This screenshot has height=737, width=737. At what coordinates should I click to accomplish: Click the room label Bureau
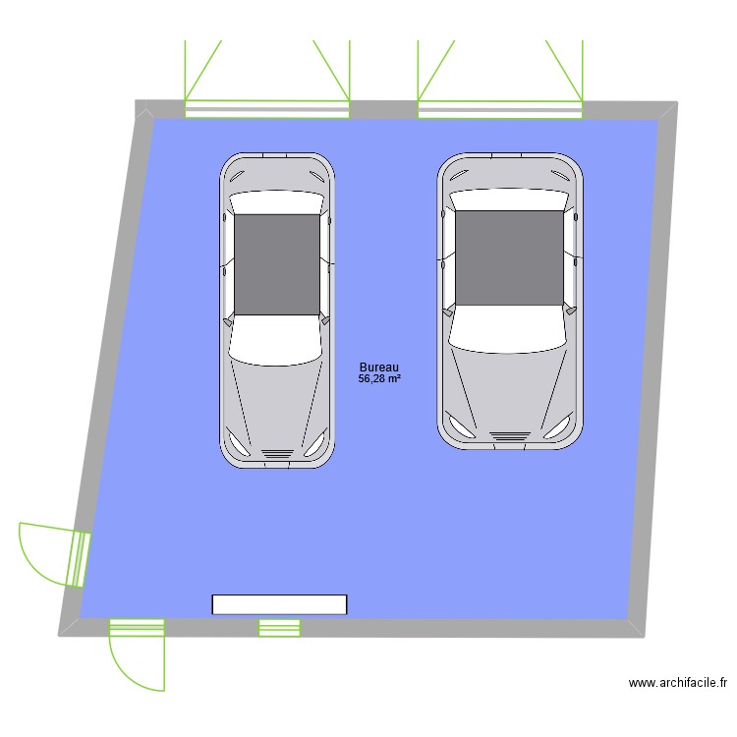(x=379, y=367)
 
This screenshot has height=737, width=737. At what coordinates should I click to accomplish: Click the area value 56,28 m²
(x=379, y=378)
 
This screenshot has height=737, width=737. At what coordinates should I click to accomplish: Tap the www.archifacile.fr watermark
(x=677, y=683)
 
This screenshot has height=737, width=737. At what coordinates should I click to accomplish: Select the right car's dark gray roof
(x=510, y=257)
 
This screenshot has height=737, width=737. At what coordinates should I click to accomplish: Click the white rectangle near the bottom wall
(x=280, y=604)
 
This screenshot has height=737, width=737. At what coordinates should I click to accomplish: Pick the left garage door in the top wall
(x=267, y=109)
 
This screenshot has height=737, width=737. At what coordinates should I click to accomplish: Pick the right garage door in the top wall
(x=500, y=109)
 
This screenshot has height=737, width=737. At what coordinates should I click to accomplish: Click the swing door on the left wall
(x=79, y=558)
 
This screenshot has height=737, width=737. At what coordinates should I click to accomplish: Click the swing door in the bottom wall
(x=137, y=627)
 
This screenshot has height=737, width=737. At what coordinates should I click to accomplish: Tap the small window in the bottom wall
(x=279, y=628)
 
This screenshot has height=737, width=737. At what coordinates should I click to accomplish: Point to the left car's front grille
(x=276, y=452)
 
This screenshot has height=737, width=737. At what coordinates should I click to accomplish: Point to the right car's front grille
(x=509, y=434)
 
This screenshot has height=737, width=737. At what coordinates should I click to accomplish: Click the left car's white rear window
(x=276, y=202)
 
